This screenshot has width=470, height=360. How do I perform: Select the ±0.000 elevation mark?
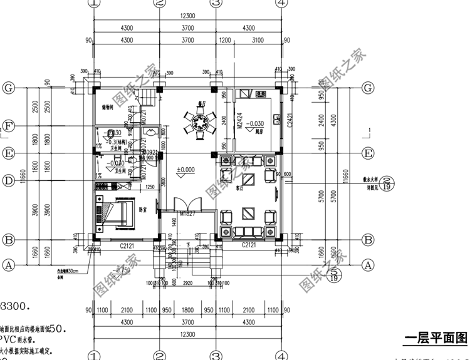click(x=185, y=170)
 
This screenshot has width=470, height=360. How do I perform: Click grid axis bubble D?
click(x=9, y=182)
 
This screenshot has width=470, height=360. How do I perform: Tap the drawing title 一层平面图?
click(x=436, y=339)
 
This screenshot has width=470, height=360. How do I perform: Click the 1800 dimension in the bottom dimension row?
click(x=187, y=310)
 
